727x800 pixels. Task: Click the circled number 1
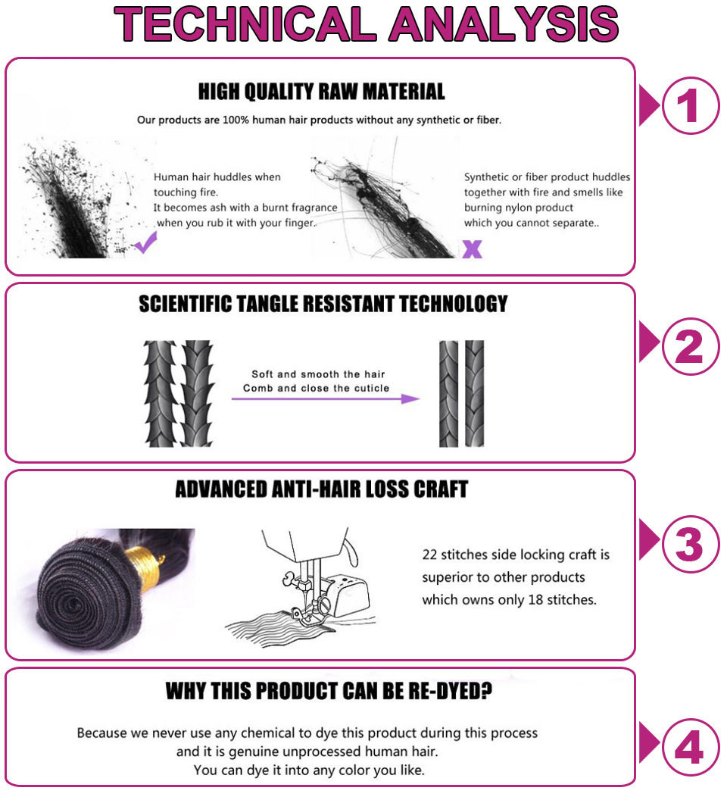pos(690,105)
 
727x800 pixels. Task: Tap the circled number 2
pos(690,346)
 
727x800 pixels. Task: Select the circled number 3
pos(690,544)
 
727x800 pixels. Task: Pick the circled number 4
pos(690,747)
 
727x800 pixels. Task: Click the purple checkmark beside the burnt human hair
pos(145,242)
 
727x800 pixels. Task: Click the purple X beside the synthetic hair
pos(473,249)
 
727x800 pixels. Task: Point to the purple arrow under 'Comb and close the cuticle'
pos(326,398)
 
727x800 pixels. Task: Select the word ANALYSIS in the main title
pos(504,24)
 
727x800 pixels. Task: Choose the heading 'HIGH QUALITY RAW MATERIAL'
pos(321,92)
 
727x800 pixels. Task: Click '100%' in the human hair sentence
pos(236,120)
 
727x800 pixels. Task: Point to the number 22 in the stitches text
pos(429,555)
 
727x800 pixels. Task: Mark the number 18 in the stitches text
pos(535,599)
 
